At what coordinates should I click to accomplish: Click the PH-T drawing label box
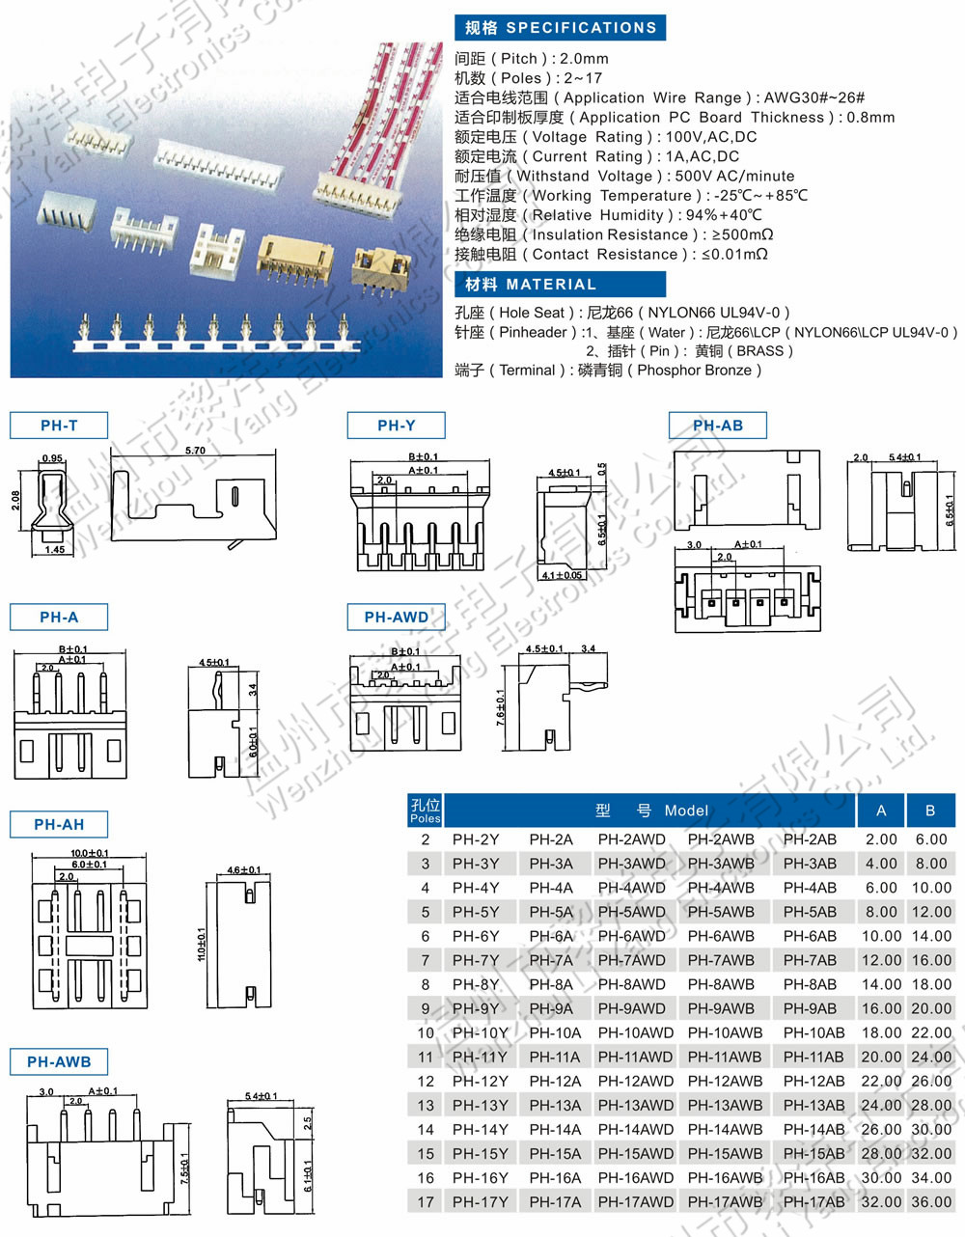(x=59, y=426)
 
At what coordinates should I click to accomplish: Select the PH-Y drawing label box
(x=397, y=426)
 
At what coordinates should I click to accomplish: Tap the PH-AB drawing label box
(x=718, y=426)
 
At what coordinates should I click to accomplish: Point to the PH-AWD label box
(x=396, y=618)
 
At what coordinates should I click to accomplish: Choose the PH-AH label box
(x=59, y=825)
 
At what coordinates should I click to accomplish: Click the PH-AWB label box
(x=59, y=1062)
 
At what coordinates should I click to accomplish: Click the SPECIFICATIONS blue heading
(x=560, y=28)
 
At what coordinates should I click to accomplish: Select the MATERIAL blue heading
(x=560, y=285)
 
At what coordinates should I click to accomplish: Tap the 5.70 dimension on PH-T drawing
(x=195, y=451)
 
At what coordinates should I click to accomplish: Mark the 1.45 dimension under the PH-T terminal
(x=54, y=549)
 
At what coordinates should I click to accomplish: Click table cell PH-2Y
(x=476, y=839)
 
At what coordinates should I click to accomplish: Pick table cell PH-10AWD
(x=635, y=1032)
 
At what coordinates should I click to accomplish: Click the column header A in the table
(x=881, y=811)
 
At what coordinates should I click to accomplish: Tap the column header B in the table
(x=930, y=811)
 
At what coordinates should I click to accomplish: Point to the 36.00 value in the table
(x=931, y=1202)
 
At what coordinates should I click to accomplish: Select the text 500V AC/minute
(x=734, y=177)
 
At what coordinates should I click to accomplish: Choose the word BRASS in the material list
(x=759, y=351)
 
